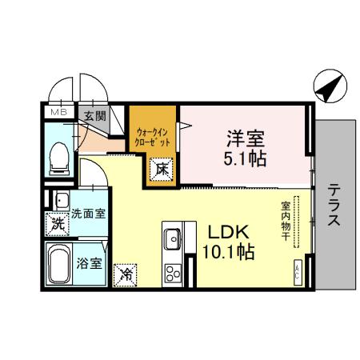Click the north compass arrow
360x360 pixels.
(x=328, y=86)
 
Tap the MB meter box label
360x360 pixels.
(x=58, y=114)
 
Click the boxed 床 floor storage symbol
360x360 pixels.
(x=161, y=168)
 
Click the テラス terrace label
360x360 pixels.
(x=335, y=206)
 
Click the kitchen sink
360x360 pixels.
(x=174, y=238)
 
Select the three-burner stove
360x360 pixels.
(x=174, y=272)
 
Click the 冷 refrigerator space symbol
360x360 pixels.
(x=125, y=273)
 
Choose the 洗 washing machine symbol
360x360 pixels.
(x=57, y=225)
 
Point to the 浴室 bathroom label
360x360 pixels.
(x=89, y=262)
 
